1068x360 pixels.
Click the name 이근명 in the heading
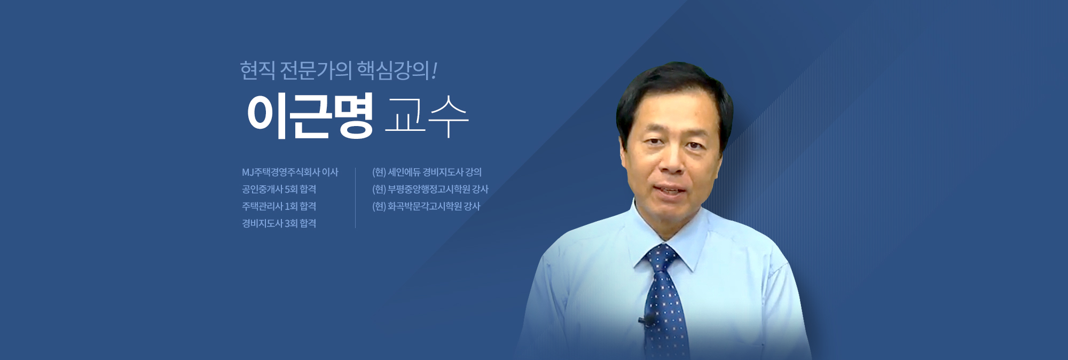(310, 116)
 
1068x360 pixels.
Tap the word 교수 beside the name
(426, 116)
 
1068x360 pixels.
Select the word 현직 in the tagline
(257, 71)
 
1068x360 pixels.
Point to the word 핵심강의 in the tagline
(392, 71)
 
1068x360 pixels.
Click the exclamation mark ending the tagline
(434, 71)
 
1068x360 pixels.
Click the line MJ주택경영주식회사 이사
(290, 172)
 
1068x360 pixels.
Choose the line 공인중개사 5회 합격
(279, 189)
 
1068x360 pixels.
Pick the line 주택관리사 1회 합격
(279, 206)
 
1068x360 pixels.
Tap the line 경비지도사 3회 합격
(279, 223)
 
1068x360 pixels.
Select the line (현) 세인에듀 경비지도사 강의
(427, 172)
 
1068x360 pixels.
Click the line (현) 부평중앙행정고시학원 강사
(430, 189)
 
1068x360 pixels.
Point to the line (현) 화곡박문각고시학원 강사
(426, 206)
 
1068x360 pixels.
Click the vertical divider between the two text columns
(355, 198)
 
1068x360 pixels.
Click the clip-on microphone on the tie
(648, 320)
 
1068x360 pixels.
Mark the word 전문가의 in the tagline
(316, 71)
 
